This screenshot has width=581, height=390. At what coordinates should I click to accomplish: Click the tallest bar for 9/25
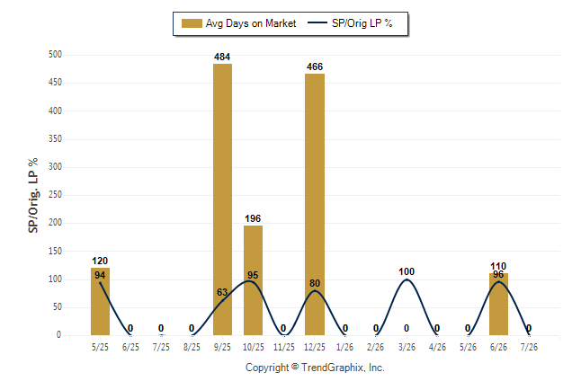tap(222, 199)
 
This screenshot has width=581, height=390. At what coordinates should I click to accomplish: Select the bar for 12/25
tap(315, 205)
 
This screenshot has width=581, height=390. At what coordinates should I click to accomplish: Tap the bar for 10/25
tap(253, 280)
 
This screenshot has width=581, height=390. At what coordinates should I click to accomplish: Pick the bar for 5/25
tap(100, 301)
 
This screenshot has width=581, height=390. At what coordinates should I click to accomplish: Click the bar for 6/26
tap(498, 304)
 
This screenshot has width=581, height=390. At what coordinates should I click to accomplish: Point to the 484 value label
tap(222, 57)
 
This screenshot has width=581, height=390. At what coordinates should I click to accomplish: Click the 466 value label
tap(315, 67)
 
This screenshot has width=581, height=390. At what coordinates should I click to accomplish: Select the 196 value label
tap(253, 219)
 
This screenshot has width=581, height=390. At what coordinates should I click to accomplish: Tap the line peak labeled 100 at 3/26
tap(407, 279)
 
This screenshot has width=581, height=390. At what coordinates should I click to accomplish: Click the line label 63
tap(222, 292)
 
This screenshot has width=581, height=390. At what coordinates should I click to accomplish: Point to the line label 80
tap(315, 283)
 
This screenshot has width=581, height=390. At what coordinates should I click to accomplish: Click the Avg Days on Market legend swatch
tap(192, 23)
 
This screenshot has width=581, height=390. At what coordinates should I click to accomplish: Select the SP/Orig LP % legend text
tap(362, 23)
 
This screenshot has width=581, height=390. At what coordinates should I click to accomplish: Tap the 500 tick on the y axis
tap(55, 55)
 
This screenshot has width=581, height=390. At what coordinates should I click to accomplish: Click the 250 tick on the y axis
tap(55, 195)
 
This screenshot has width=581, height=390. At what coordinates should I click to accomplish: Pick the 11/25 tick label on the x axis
tap(284, 347)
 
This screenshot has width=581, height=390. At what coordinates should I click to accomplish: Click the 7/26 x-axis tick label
tap(529, 347)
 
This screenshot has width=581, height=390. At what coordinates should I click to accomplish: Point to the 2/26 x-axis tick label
tap(375, 347)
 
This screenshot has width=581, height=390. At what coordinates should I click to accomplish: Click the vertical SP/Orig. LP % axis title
tap(33, 196)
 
